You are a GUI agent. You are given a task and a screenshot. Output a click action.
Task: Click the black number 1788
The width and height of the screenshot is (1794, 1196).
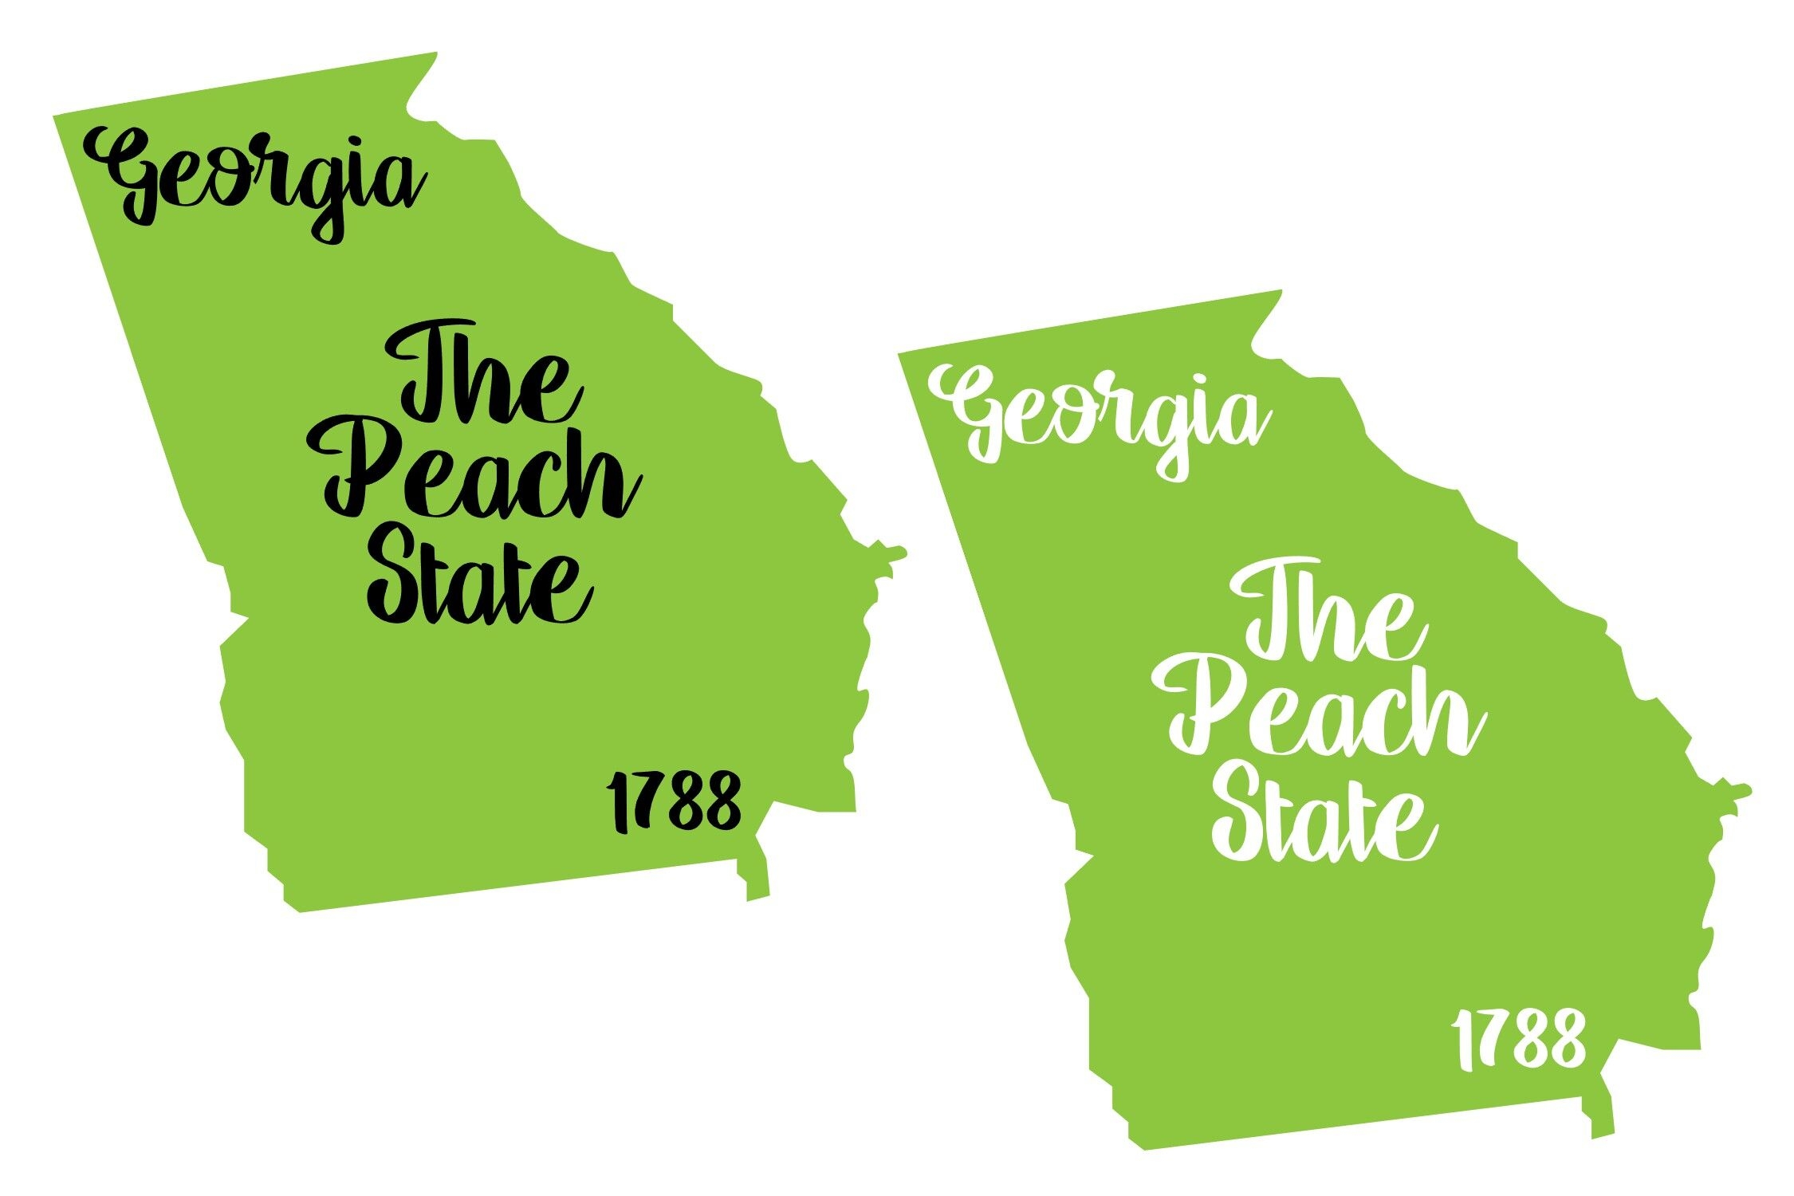coord(674,801)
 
